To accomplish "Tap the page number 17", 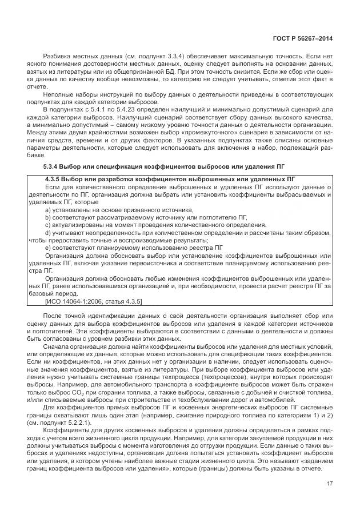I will pyautogui.click(x=329, y=485).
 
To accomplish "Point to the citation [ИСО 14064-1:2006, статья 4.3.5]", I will pyautogui.click(x=94, y=301).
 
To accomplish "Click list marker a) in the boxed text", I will pyautogui.click(x=47, y=210).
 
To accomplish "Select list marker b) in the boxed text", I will pyautogui.click(x=47, y=218).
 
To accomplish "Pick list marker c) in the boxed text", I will pyautogui.click(x=47, y=225).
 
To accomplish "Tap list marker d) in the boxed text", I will pyautogui.click(x=47, y=233).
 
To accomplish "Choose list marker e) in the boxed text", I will pyautogui.click(x=47, y=248).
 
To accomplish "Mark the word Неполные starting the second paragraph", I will pyautogui.click(x=59, y=93).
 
